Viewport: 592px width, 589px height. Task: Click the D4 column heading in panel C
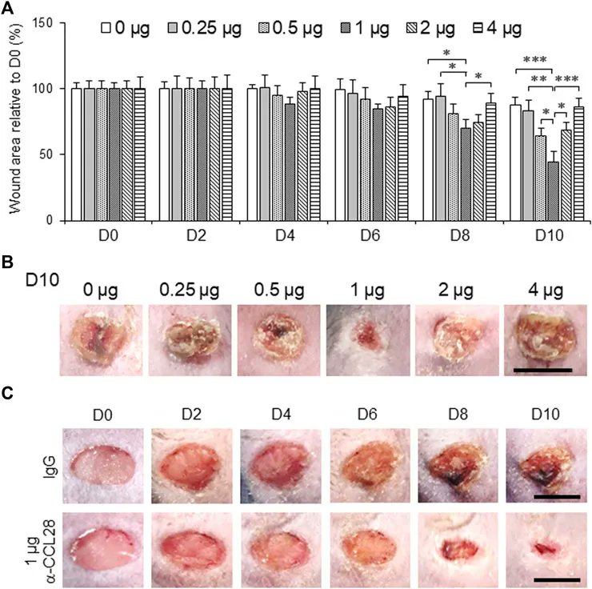279,415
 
